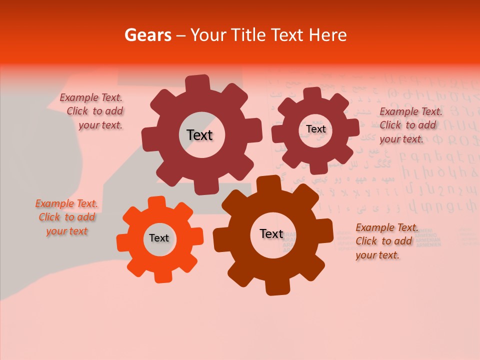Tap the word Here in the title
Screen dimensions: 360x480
[x=328, y=35]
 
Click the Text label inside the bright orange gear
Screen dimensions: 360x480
[x=159, y=238]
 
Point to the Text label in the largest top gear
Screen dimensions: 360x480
[x=199, y=135]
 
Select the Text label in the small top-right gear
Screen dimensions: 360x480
[x=315, y=129]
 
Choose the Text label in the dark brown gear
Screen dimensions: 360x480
[x=271, y=234]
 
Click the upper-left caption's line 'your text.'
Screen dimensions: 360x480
[x=100, y=125]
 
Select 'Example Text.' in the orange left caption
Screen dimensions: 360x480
[x=66, y=204]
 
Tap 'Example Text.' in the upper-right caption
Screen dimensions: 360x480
[x=411, y=111]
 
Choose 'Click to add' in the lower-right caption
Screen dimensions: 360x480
[x=384, y=241]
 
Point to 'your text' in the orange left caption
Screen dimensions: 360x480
[x=67, y=231]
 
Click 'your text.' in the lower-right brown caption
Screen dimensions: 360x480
[x=377, y=255]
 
